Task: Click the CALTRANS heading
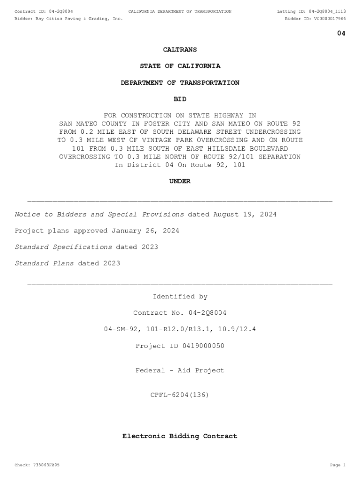pos(180,50)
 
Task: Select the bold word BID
pos(180,99)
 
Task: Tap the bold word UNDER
pos(180,181)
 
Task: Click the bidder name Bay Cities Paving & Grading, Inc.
pos(79,19)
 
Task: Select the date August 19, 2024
pos(245,215)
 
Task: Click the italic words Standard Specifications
pos(63,247)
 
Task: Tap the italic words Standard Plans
pos(44,264)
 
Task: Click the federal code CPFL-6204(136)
pos(180,395)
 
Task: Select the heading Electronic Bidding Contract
pos(180,436)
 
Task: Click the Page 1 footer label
pos(338,465)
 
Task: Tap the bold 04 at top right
pos(341,33)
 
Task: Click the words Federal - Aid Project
pos(180,370)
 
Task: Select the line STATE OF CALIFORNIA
pos(180,66)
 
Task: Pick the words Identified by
pos(180,297)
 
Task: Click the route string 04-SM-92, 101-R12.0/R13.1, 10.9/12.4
pos(180,330)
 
